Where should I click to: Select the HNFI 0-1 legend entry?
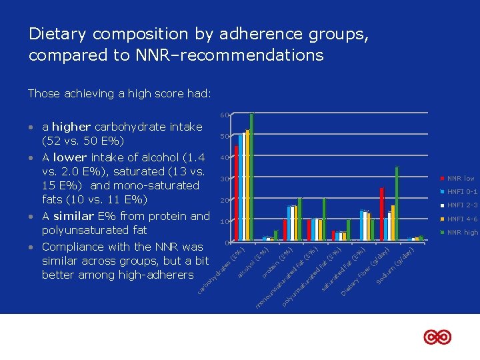coord(460,192)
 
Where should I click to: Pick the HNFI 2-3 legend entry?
coord(460,205)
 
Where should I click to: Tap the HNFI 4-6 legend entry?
coord(460,219)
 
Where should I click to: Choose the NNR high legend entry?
coord(460,232)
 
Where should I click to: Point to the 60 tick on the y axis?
coord(225,116)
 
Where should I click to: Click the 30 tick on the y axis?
coord(225,179)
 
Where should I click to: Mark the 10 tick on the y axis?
coord(225,221)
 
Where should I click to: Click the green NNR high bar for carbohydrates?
coord(251,177)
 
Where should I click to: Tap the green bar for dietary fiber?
coord(397,203)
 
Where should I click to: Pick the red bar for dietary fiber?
coord(381,214)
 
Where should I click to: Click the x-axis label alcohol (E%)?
coord(253,264)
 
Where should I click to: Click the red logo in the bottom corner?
coord(437,337)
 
